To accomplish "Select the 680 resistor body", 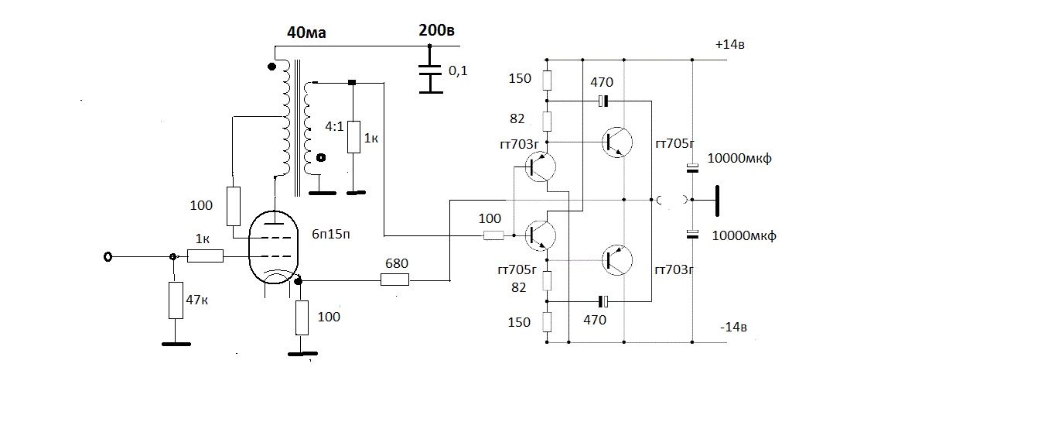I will pos(394,280).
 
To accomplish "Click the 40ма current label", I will pos(306,33).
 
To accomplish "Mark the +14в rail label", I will pos(730,45).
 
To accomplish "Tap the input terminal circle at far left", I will pos(108,256).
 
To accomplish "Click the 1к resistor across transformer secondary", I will pos(353,137).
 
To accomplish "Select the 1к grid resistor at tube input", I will pos(205,256).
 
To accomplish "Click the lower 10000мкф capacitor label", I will pos(743,235).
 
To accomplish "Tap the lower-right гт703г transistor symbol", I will pos(617,259).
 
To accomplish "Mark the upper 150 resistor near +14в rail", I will pos(547,81).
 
